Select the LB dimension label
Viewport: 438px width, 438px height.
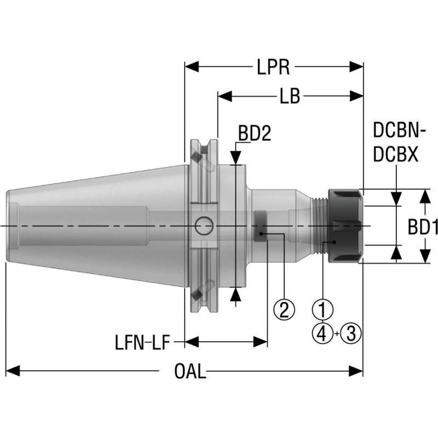click(290, 96)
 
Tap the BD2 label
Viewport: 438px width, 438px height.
click(255, 134)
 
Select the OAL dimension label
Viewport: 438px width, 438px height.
click(190, 372)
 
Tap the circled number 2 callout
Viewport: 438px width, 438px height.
click(284, 310)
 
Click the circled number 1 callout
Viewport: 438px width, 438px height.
click(323, 310)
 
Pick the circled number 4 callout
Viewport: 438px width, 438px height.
click(323, 332)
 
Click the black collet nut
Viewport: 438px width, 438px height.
click(344, 226)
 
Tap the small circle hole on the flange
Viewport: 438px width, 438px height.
click(204, 224)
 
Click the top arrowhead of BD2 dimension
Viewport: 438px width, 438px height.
click(236, 158)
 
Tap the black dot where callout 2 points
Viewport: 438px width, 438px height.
click(262, 234)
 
